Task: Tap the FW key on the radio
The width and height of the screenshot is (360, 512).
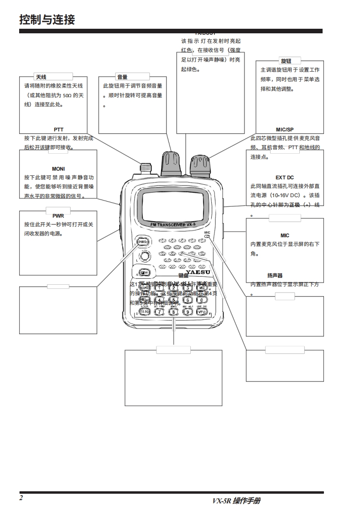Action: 145,272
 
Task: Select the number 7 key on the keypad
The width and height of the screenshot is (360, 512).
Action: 159,312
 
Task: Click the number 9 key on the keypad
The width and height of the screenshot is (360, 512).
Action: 188,312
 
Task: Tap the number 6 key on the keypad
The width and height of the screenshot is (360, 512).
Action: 188,300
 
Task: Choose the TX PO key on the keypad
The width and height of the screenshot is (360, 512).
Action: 144,312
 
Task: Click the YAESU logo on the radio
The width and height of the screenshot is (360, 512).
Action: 198,272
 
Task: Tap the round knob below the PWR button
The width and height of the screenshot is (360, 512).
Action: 144,256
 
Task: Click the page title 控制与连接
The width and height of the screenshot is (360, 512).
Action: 47,20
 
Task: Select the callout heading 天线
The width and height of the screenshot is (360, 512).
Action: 41,77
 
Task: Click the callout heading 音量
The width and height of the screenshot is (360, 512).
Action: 122,77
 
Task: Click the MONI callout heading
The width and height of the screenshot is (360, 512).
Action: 58,169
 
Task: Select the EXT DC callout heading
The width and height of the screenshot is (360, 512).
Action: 285,178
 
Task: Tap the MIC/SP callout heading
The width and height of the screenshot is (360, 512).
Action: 285,130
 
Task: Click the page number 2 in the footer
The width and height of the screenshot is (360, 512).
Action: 21,497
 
